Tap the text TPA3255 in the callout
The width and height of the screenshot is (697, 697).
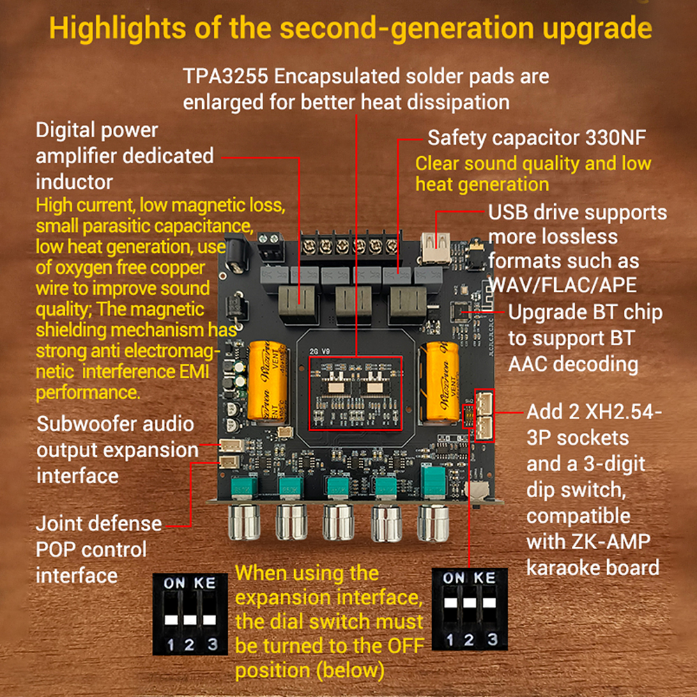226,76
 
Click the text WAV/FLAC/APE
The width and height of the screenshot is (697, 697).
562,285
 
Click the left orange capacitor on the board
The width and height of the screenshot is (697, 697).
267,381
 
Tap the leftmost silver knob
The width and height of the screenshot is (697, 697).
244,523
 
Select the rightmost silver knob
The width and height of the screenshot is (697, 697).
434,523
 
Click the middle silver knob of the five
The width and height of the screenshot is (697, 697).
338,523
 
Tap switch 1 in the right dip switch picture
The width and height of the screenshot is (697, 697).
450,603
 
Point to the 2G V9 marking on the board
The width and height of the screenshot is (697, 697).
320,351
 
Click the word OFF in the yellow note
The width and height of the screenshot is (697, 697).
406,645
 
